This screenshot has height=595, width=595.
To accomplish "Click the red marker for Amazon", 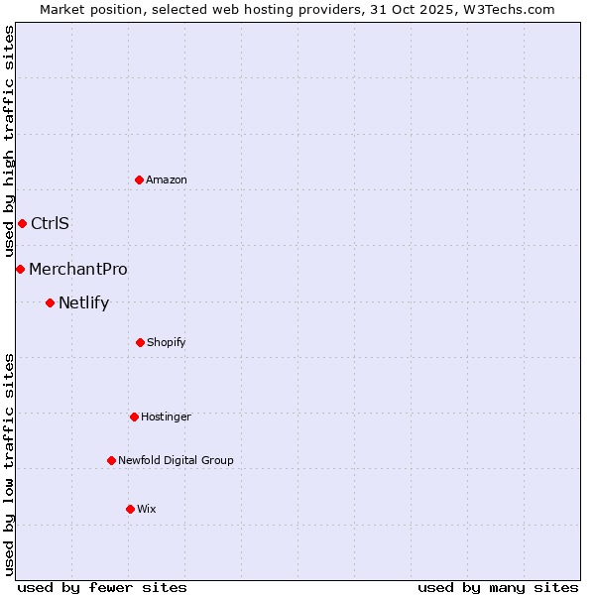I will coord(140,179).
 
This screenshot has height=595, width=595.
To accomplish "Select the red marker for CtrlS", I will coord(22,223).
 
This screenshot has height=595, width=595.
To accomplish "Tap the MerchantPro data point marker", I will coord(20,269).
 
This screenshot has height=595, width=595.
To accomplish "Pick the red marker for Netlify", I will coord(50,302).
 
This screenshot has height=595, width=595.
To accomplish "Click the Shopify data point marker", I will coord(140,342).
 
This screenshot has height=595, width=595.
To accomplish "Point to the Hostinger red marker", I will coord(134,416).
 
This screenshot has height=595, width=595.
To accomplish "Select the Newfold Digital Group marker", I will coord(111,460).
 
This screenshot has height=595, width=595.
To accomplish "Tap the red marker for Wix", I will coord(130,509).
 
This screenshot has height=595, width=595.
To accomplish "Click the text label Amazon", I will coord(167,179).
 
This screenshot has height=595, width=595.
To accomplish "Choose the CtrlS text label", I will coord(50,223).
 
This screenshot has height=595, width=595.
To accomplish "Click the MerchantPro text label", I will coord(78,269).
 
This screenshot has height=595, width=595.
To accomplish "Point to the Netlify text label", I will coord(83,302).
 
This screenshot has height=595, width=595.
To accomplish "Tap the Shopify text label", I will coord(167,342).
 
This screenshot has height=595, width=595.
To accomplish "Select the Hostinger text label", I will coord(166,416).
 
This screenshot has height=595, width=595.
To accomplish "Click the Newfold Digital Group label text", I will coord(177,460).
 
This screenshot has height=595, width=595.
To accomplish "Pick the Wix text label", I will coord(147,509).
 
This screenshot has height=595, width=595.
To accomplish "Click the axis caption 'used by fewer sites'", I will coord(102,587).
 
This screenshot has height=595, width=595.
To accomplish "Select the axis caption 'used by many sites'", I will coord(498,587).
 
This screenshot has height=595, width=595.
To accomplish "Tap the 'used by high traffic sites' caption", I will coord(9,142).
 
